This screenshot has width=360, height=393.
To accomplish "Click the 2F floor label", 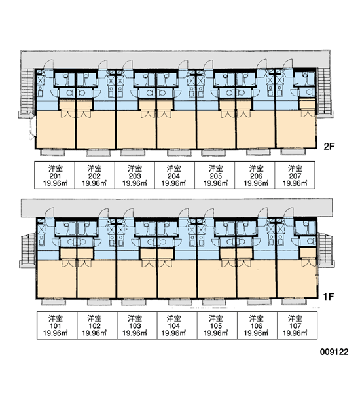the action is point(329,146).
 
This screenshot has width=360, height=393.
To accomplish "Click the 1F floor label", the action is point(329,297).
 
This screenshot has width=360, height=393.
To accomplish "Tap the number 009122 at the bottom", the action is point(334,352).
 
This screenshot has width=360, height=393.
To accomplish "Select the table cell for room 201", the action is point(54,175).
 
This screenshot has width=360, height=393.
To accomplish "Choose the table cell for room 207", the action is point(295,175).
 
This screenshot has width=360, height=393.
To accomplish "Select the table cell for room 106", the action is point(257,326).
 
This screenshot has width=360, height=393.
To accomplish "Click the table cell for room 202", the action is point(95,175).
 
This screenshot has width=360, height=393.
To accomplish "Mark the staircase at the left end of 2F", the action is point(27,92).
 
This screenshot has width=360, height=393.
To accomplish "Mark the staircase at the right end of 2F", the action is point(325,92).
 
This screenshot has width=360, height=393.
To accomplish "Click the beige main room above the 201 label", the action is point(56,130).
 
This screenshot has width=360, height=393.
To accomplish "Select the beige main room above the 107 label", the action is point(297,279).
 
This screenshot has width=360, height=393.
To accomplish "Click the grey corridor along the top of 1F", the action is point(177,208).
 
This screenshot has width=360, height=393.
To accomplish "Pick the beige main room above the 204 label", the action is point(176,130).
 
